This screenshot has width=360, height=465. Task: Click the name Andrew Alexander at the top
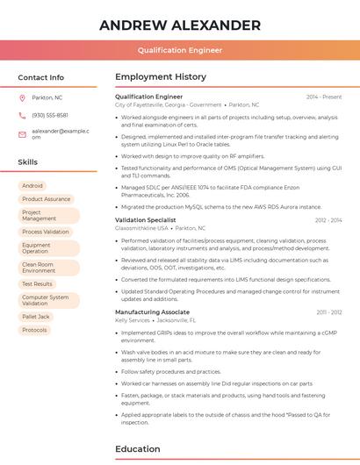click(x=180, y=25)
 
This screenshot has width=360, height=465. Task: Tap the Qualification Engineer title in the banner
click(x=180, y=50)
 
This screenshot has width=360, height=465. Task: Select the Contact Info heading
click(x=41, y=77)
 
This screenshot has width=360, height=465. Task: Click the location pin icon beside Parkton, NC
click(x=22, y=97)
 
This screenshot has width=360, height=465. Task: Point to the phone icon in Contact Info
click(x=22, y=115)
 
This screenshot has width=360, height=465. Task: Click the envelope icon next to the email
click(x=22, y=133)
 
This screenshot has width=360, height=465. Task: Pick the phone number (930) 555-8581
click(x=50, y=115)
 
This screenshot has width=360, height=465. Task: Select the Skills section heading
click(x=28, y=162)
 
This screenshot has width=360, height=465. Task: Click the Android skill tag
click(x=32, y=186)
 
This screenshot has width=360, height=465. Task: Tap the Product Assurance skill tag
click(x=46, y=199)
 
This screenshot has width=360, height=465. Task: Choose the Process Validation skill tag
click(x=46, y=232)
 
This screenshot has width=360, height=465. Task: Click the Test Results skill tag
click(x=37, y=284)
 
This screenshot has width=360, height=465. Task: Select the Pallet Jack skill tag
click(x=36, y=317)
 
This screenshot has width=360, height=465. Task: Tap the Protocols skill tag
click(x=35, y=330)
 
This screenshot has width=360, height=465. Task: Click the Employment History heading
click(x=161, y=77)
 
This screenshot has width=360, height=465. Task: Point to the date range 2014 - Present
click(x=324, y=97)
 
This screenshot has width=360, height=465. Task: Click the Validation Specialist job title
click(x=146, y=220)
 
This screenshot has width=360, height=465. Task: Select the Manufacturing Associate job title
click(x=152, y=312)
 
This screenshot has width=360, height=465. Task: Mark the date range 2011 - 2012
click(x=328, y=312)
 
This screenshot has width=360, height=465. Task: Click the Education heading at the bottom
click(x=139, y=449)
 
